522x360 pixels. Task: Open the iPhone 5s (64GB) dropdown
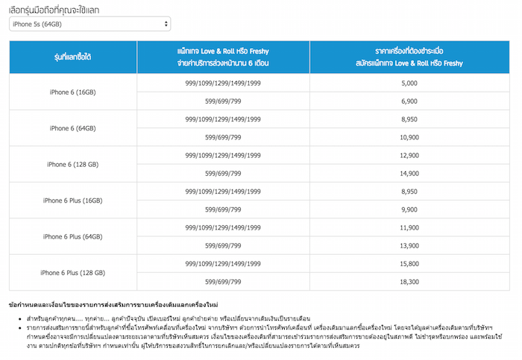89,25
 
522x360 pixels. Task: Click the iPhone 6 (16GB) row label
72,92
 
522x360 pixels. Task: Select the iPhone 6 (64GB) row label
72,128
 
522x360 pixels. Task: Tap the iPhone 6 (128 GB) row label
72,164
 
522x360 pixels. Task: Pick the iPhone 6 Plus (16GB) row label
72,200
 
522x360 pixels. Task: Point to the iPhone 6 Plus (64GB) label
72,236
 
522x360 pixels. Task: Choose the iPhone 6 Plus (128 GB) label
72,273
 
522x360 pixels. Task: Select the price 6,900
409,101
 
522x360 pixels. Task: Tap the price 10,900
409,137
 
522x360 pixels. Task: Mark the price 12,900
409,155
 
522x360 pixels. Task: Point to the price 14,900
409,173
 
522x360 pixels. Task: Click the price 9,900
409,209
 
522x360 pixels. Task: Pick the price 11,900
409,227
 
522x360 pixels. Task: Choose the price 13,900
409,245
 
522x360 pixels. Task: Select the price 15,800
409,264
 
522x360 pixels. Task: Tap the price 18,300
409,282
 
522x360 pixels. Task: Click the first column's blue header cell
72,57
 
